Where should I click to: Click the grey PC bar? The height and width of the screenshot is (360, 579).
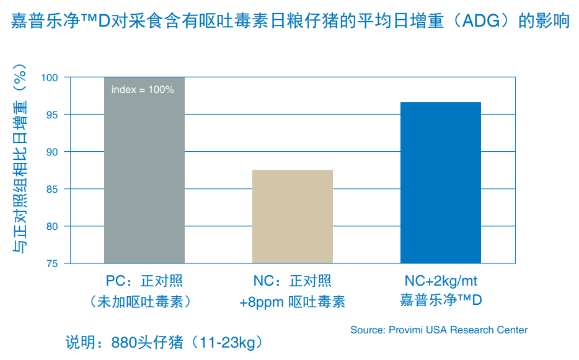pos(144,170)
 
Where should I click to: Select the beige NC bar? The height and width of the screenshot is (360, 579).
pos(293,216)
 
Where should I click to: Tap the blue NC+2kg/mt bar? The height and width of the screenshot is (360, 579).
pos(441,183)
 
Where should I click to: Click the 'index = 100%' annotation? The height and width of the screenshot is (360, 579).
pos(143,90)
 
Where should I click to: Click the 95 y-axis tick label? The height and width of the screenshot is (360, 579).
pos(51,115)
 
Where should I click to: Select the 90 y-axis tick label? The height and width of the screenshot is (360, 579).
pos(51,152)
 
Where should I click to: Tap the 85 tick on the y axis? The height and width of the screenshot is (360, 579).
pos(51,189)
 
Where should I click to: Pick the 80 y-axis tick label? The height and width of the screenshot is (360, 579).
pos(51,226)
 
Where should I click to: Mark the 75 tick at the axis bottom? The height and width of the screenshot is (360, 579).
pos(51,263)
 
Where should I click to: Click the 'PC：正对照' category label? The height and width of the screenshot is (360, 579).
pos(144,282)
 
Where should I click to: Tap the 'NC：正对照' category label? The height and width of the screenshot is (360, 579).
pos(293,282)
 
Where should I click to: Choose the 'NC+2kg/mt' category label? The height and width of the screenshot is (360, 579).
pos(441,282)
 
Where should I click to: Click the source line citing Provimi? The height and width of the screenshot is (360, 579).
pos(439,330)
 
